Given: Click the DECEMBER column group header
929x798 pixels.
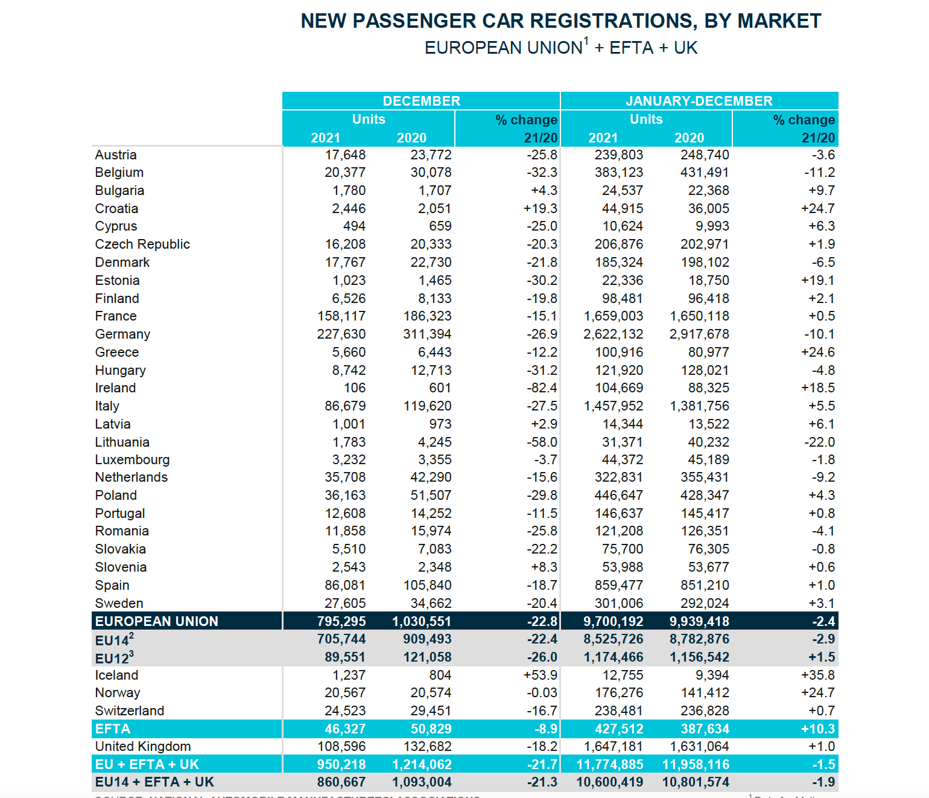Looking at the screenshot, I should coord(421,101).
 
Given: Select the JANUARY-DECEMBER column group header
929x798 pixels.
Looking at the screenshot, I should coord(699,101).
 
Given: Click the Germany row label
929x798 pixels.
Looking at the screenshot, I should coord(122,334).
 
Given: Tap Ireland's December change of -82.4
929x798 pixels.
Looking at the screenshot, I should coord(542,388).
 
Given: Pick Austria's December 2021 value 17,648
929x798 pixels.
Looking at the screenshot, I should coord(345,155).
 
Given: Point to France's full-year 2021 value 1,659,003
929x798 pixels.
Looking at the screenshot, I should coord(613,316).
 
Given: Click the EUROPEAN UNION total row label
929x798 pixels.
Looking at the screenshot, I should coord(157,621).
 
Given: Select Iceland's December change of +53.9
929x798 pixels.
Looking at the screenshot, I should coord(541,675).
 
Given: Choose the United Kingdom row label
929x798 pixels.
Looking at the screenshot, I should coord(143,747).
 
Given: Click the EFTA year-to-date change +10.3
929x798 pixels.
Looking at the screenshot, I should coord(818,729).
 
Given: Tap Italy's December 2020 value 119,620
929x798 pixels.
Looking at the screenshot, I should coord(427,406).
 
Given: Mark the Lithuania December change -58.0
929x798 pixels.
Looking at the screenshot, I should coord(542,442).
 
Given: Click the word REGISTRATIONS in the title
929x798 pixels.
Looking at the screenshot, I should coord(610,21).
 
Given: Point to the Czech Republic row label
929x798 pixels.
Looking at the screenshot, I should coord(142,244).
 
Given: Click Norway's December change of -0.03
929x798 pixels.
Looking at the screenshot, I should coord(542,693).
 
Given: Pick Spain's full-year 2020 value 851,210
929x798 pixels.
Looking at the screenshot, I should coord(699,586).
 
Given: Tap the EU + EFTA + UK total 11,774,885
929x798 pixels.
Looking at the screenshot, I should coord(610,765).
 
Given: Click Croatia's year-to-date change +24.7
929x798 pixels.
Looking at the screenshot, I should coord(818,209).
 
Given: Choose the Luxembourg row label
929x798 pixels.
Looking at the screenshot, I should coord(132,460).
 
